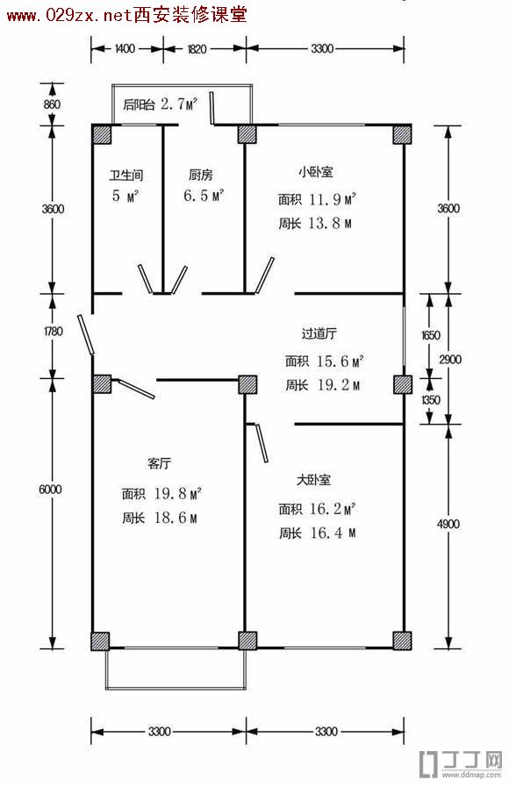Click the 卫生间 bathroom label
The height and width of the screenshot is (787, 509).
point(126,175)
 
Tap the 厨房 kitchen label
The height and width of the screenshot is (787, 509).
point(201,175)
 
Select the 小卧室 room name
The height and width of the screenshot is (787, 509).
point(315,172)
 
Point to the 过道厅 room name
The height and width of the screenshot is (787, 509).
point(319,333)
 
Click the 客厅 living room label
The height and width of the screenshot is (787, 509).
point(159,462)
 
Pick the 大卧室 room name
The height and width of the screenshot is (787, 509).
point(313,480)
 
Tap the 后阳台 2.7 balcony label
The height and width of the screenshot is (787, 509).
point(160,104)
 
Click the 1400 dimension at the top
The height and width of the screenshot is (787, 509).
point(125,48)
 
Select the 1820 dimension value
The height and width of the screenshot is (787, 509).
point(197,49)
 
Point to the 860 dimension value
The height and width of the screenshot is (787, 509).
point(52,104)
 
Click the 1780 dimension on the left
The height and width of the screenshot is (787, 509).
point(53,332)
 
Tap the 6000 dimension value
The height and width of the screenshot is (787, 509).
point(50,490)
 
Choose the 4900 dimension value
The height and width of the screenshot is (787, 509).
point(448,524)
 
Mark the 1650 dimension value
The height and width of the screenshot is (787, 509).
point(430,335)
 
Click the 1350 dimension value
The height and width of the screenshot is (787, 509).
point(430,400)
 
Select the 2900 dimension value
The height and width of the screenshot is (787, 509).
point(450,360)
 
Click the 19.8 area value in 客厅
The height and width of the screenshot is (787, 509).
point(170,493)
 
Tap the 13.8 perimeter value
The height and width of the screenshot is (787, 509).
point(324,223)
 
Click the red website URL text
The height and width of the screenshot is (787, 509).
point(127,15)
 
